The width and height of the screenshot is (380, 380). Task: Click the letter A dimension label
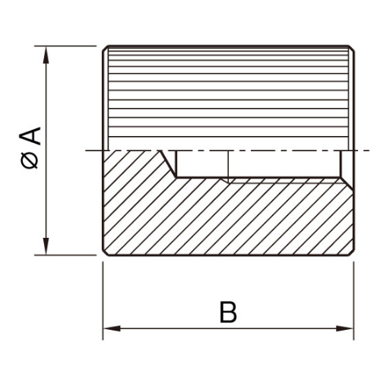tap(30, 136)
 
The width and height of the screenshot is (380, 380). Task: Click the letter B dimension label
tap(228, 312)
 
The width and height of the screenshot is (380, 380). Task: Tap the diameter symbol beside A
tap(30, 160)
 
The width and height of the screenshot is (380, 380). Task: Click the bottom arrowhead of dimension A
tap(46, 246)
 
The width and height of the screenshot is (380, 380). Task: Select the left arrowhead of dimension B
tap(112, 328)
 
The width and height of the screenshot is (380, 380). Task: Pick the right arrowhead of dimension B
tap(344, 328)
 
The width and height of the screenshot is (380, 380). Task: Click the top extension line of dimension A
tap(65, 46)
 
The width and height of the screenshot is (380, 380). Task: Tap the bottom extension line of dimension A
tap(65, 255)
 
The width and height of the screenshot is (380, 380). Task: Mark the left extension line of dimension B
tap(103, 301)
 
